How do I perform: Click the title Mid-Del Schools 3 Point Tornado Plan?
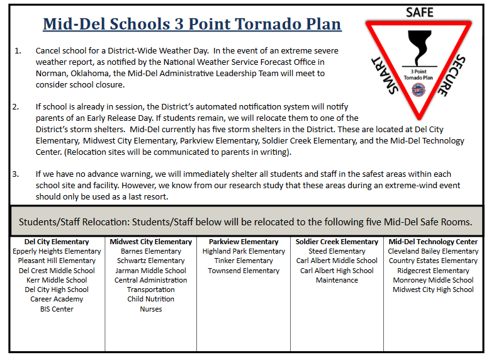192,25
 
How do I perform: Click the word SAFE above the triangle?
419,12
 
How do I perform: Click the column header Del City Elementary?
57,242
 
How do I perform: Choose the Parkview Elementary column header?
244,242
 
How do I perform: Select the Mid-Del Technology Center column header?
433,242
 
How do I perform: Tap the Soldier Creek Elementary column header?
337,242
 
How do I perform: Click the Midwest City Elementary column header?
151,242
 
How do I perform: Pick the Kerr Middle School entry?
57,280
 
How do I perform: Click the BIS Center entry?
57,309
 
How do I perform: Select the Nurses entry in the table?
151,309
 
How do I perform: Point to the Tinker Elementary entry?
244,261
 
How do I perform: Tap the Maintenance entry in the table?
337,280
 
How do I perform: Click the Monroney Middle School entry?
433,280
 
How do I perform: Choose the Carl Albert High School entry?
337,271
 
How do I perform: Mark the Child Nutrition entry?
151,300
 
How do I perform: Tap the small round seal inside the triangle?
418,89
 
